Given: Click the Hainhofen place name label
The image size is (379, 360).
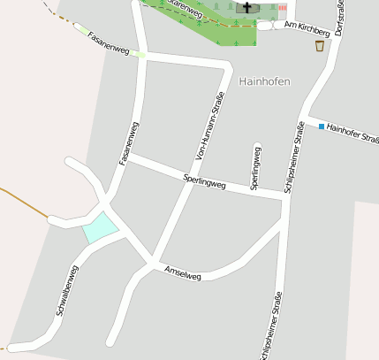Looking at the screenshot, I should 264,80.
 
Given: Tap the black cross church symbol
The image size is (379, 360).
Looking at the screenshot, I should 247,7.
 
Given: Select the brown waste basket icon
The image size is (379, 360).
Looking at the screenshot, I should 319,46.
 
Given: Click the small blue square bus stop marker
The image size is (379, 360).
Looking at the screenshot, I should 322,126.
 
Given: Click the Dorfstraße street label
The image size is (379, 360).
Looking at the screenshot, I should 339,18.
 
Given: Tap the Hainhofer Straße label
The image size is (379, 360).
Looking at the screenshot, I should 352,133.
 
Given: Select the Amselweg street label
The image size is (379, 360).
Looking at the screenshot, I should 183,274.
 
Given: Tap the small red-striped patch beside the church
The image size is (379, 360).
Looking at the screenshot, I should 282,7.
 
